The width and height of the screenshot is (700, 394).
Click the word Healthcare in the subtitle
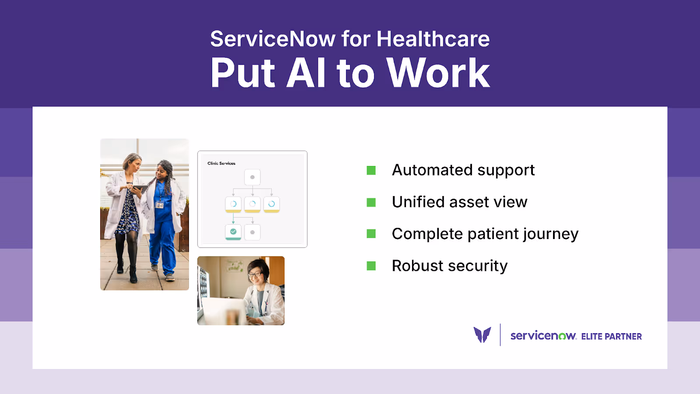[x=433, y=39]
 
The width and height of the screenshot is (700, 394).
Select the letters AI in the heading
[x=306, y=73]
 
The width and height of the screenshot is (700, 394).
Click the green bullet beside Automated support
[x=371, y=170]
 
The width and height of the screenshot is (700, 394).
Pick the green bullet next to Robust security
[x=371, y=266]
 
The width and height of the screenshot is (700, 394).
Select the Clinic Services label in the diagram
[x=221, y=163]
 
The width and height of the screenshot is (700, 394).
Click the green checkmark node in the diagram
[x=233, y=232]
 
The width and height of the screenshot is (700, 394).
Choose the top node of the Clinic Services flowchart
[x=252, y=177]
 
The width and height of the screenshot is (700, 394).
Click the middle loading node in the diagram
[x=252, y=204]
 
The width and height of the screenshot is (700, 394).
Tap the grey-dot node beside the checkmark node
[x=252, y=232]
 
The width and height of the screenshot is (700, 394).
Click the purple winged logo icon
[x=482, y=335]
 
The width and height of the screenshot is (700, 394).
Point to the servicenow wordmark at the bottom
[x=543, y=336]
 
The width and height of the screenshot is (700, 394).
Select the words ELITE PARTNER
[x=611, y=336]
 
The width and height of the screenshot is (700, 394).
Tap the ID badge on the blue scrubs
[x=160, y=205]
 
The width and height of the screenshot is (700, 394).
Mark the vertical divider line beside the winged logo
[x=500, y=335]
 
